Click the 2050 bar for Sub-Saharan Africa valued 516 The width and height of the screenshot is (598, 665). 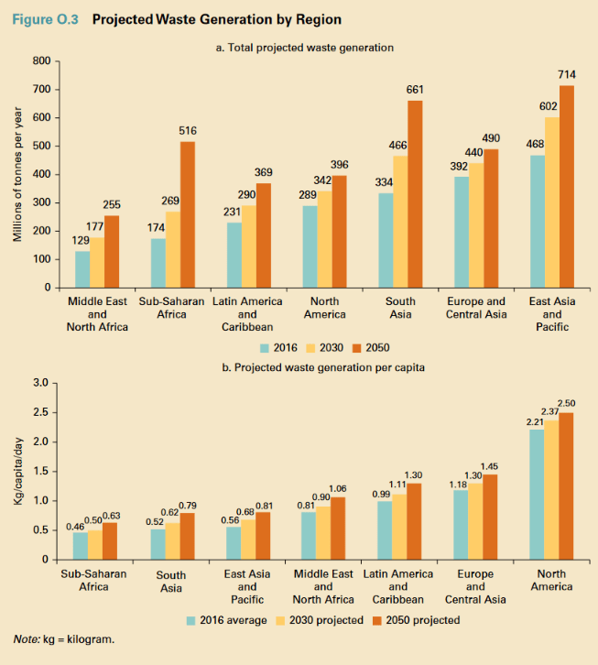click(188, 214)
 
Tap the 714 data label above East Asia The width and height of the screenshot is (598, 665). click(567, 73)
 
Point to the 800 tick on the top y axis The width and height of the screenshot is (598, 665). click(40, 61)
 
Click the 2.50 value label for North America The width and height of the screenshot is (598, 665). click(567, 403)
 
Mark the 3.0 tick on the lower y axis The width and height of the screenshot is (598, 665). click(42, 383)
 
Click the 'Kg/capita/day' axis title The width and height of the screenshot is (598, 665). click(18, 470)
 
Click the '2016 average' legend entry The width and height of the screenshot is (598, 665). click(227, 620)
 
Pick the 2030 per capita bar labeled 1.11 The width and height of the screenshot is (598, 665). click(399, 527)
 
